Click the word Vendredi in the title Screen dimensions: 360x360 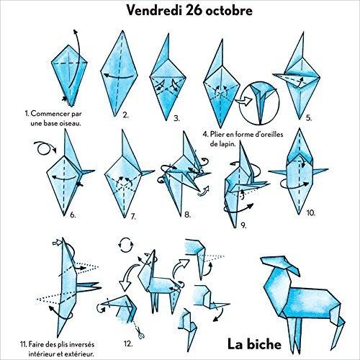coord(153,10)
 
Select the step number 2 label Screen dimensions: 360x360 coord(125,115)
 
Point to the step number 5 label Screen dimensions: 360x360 coord(309,118)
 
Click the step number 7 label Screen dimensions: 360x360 coord(133,217)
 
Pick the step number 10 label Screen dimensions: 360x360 coord(311,212)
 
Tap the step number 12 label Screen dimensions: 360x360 coord(128,343)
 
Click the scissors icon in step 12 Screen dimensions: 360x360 coord(140,334)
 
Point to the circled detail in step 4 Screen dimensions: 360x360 coord(259,103)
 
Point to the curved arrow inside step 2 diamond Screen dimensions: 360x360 coord(119,77)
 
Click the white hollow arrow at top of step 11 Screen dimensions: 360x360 coord(57,243)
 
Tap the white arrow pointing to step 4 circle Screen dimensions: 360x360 coord(243,102)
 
